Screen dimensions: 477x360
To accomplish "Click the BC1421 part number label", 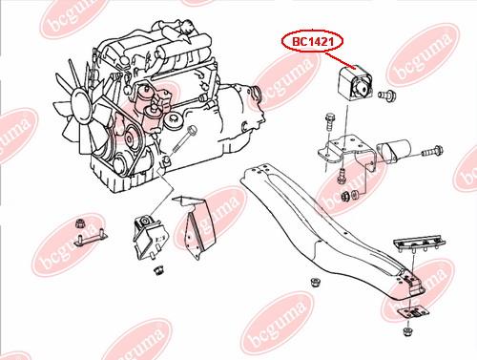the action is click(312, 41).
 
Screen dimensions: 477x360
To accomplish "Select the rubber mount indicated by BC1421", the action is click(356, 84).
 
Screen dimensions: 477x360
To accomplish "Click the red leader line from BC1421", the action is click(341, 60).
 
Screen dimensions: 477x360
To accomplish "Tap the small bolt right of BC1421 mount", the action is click(386, 95).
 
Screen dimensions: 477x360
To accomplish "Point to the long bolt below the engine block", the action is click(184, 139).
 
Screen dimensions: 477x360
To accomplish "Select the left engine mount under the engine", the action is click(150, 237).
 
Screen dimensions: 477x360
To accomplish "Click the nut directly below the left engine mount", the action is click(157, 270).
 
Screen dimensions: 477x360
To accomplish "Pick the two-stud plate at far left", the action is click(91, 238).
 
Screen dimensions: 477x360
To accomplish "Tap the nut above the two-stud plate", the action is click(81, 223).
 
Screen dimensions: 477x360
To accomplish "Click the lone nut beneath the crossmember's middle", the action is click(315, 283).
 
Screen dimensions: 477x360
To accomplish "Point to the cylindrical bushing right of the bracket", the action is click(394, 151).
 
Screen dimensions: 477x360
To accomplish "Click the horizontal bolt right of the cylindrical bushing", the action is click(432, 151).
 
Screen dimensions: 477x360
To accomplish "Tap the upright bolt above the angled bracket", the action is click(329, 121).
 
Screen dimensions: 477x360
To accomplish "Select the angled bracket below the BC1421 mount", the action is click(347, 154).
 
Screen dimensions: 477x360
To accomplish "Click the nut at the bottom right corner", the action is click(407, 331).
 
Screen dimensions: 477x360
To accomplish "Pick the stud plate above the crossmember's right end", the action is click(420, 244).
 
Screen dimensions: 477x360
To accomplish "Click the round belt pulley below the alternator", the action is click(131, 138).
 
